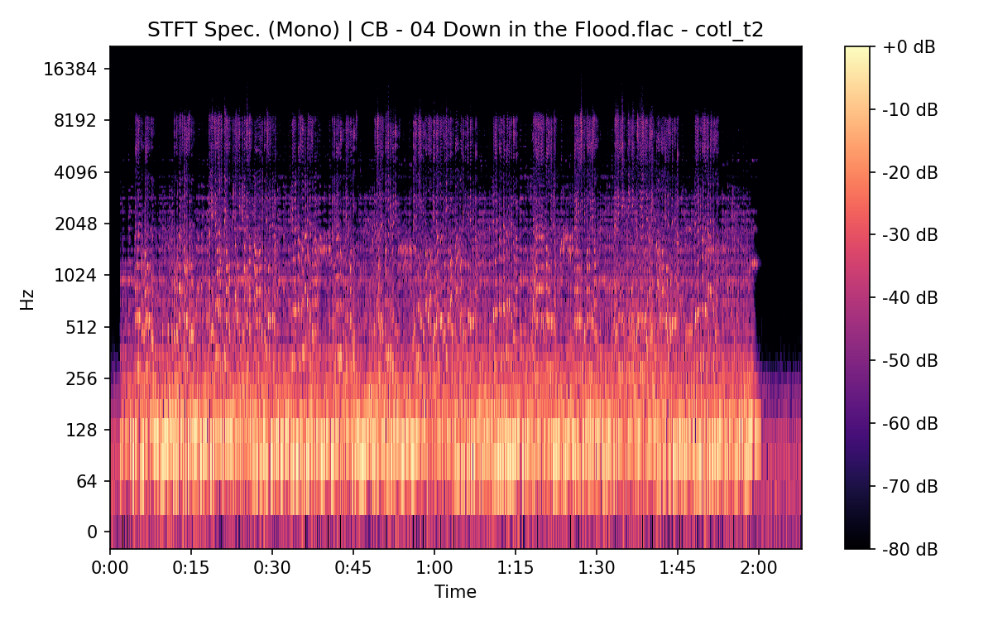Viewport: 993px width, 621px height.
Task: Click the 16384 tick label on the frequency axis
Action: tap(70, 69)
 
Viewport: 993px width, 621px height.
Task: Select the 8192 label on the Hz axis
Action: tap(74, 120)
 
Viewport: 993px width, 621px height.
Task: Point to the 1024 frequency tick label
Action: tap(74, 275)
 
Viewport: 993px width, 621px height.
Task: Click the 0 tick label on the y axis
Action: tap(93, 532)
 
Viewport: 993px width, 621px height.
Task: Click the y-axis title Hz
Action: tap(27, 300)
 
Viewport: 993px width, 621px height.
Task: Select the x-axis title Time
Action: tap(455, 591)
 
